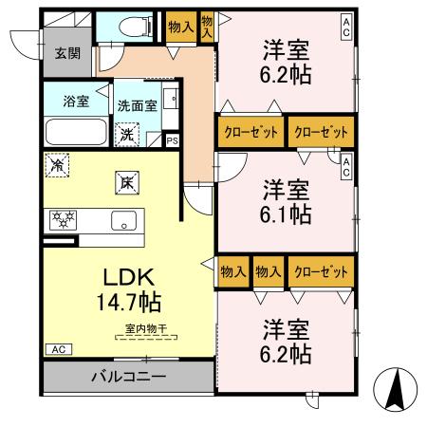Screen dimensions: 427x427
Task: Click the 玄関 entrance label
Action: (65, 53)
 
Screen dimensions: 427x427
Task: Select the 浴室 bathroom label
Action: (76, 101)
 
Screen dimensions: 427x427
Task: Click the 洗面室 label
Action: (138, 106)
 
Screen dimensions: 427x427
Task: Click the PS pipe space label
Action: (172, 140)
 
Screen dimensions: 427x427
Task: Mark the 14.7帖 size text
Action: (127, 304)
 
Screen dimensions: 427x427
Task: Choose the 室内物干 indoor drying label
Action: (145, 328)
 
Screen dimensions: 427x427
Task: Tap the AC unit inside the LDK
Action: (57, 348)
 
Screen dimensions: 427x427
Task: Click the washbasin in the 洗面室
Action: (170, 101)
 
